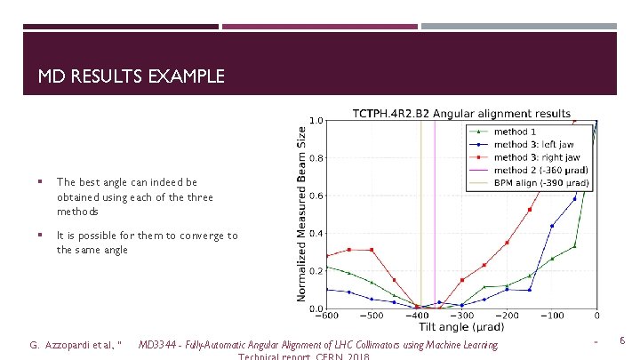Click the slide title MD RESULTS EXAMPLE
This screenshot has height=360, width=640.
tap(131, 77)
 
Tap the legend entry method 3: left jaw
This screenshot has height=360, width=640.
tap(532, 144)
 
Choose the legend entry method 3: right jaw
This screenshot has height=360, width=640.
tap(536, 156)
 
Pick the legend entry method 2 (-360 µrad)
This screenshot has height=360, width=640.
tap(540, 170)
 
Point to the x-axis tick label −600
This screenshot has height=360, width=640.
tap(326, 316)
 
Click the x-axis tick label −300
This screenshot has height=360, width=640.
tap(461, 316)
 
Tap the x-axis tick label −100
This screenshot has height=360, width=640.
tap(551, 316)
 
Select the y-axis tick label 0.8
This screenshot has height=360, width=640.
tap(316, 159)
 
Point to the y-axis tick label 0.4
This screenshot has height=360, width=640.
tap(316, 234)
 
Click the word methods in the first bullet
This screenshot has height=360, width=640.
tap(76, 212)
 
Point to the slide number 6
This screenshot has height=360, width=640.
tap(622, 340)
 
